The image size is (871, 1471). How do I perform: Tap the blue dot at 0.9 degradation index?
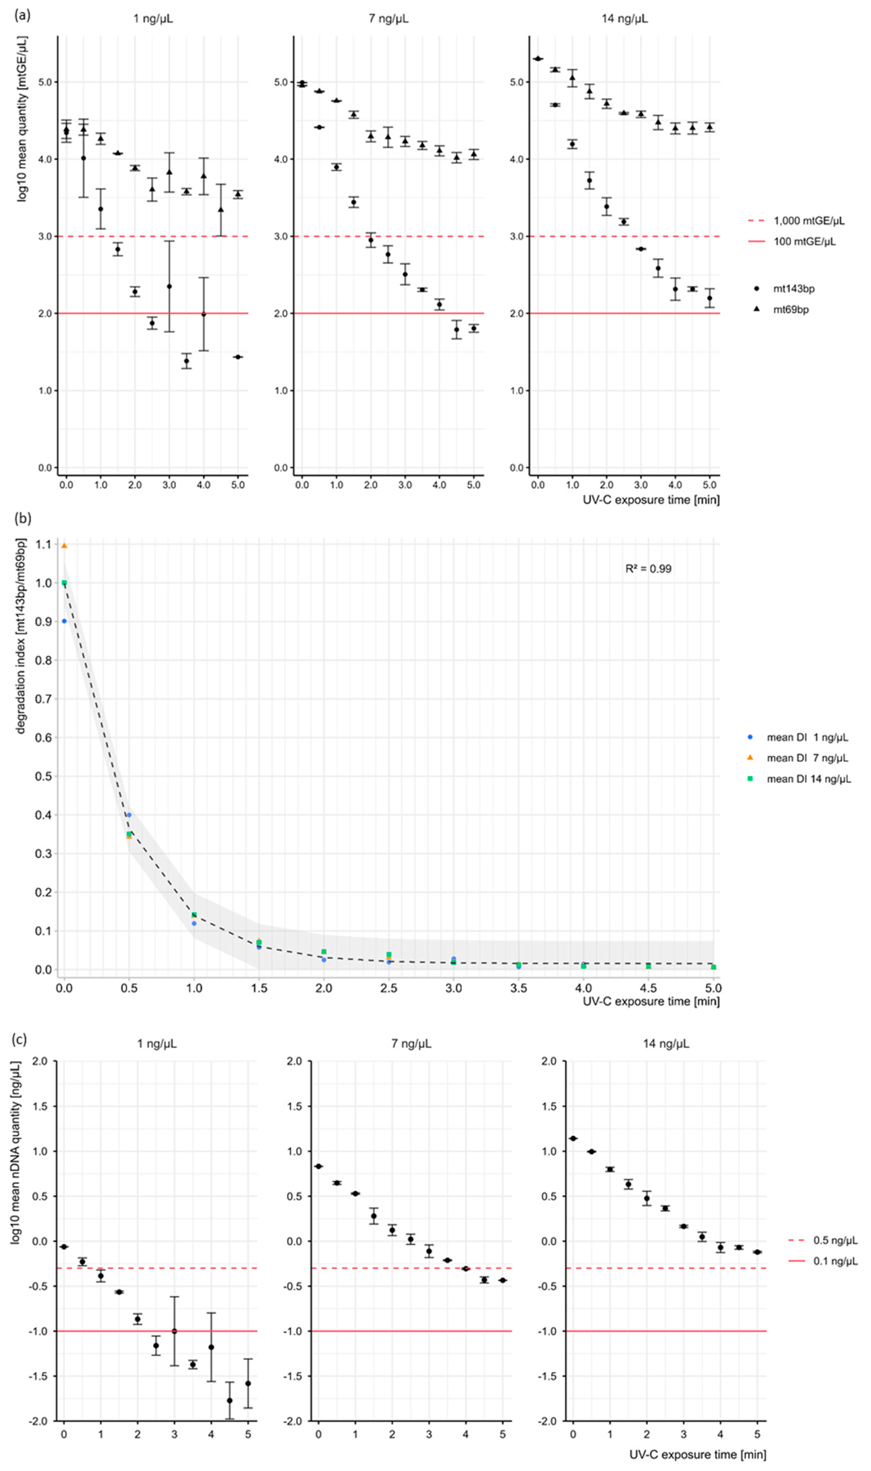pyautogui.click(x=65, y=621)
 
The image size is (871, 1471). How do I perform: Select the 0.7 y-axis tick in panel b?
pyautogui.click(x=43, y=699)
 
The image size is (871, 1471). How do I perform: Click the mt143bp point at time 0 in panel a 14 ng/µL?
pyautogui.click(x=538, y=59)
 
